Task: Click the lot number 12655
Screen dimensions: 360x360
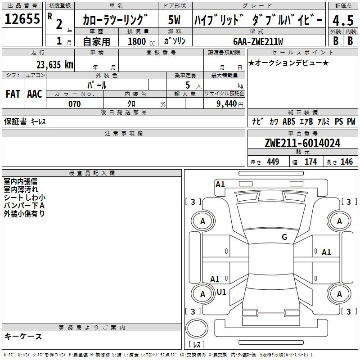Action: tap(22, 19)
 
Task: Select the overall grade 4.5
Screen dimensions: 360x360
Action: tap(343, 20)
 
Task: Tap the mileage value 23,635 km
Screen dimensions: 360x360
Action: tap(55, 65)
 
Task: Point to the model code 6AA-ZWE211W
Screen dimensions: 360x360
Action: tap(258, 41)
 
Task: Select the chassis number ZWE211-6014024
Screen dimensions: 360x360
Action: tap(302, 143)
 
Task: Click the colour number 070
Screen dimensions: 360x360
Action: tap(75, 104)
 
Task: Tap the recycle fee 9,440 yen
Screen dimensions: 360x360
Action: tap(230, 104)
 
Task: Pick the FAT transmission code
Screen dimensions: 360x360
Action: tap(13, 94)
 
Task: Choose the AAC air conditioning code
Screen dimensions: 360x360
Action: tap(35, 94)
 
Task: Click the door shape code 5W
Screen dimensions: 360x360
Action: tap(174, 20)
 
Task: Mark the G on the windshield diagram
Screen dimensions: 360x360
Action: tap(284, 237)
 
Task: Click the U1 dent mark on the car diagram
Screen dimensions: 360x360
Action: tap(221, 292)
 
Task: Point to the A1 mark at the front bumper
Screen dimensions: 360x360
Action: tap(220, 184)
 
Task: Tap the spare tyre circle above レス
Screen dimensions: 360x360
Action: tap(197, 328)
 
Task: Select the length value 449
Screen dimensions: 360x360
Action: tap(273, 162)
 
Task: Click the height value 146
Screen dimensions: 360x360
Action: tap(346, 162)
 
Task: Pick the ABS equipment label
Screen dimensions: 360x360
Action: tap(289, 121)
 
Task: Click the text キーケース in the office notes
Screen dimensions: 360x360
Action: tap(23, 336)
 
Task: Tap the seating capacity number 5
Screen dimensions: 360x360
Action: tap(188, 85)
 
